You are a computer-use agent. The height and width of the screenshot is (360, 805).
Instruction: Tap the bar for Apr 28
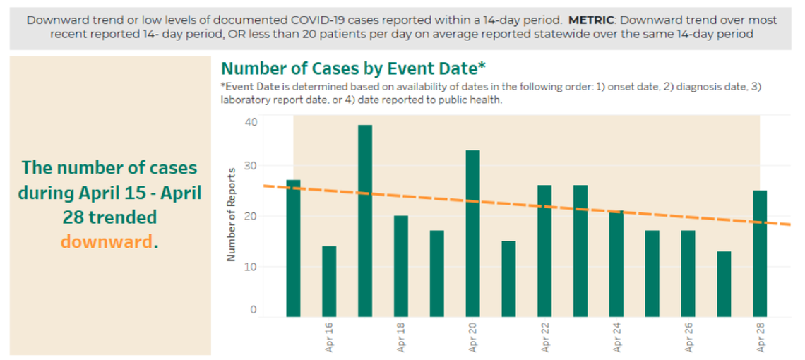(x=760, y=253)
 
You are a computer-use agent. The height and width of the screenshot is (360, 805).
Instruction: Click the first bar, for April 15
(x=293, y=248)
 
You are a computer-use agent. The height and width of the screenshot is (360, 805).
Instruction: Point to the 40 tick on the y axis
(x=252, y=121)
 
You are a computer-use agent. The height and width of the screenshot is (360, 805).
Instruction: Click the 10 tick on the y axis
(x=252, y=266)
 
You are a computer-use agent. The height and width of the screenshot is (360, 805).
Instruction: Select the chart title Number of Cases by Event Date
(x=353, y=68)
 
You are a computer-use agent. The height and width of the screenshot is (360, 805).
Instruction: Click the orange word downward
(x=107, y=242)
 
